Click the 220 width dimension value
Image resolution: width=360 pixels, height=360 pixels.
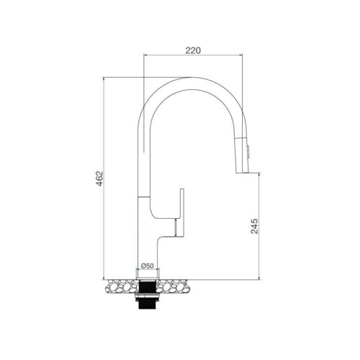(x=192, y=51)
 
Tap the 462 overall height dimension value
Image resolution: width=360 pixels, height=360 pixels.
(x=100, y=179)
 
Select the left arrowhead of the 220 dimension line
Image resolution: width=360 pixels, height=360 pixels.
(x=146, y=56)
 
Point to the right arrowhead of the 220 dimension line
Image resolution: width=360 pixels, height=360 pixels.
(x=239, y=56)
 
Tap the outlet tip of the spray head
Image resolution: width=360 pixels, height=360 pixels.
(x=245, y=171)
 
